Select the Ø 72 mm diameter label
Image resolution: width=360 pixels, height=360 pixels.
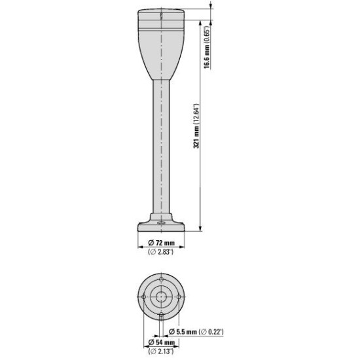(162, 242)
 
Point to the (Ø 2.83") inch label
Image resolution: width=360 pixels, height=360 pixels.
(161, 252)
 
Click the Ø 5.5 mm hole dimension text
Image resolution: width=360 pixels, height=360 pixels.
(183, 332)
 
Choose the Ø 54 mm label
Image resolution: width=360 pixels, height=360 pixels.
(162, 342)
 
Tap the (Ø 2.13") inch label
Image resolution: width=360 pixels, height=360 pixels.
(161, 351)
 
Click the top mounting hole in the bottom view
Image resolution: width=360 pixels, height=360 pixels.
(162, 279)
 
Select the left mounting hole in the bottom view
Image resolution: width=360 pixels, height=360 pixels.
(144, 297)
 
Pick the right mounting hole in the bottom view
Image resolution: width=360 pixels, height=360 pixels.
(179, 297)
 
